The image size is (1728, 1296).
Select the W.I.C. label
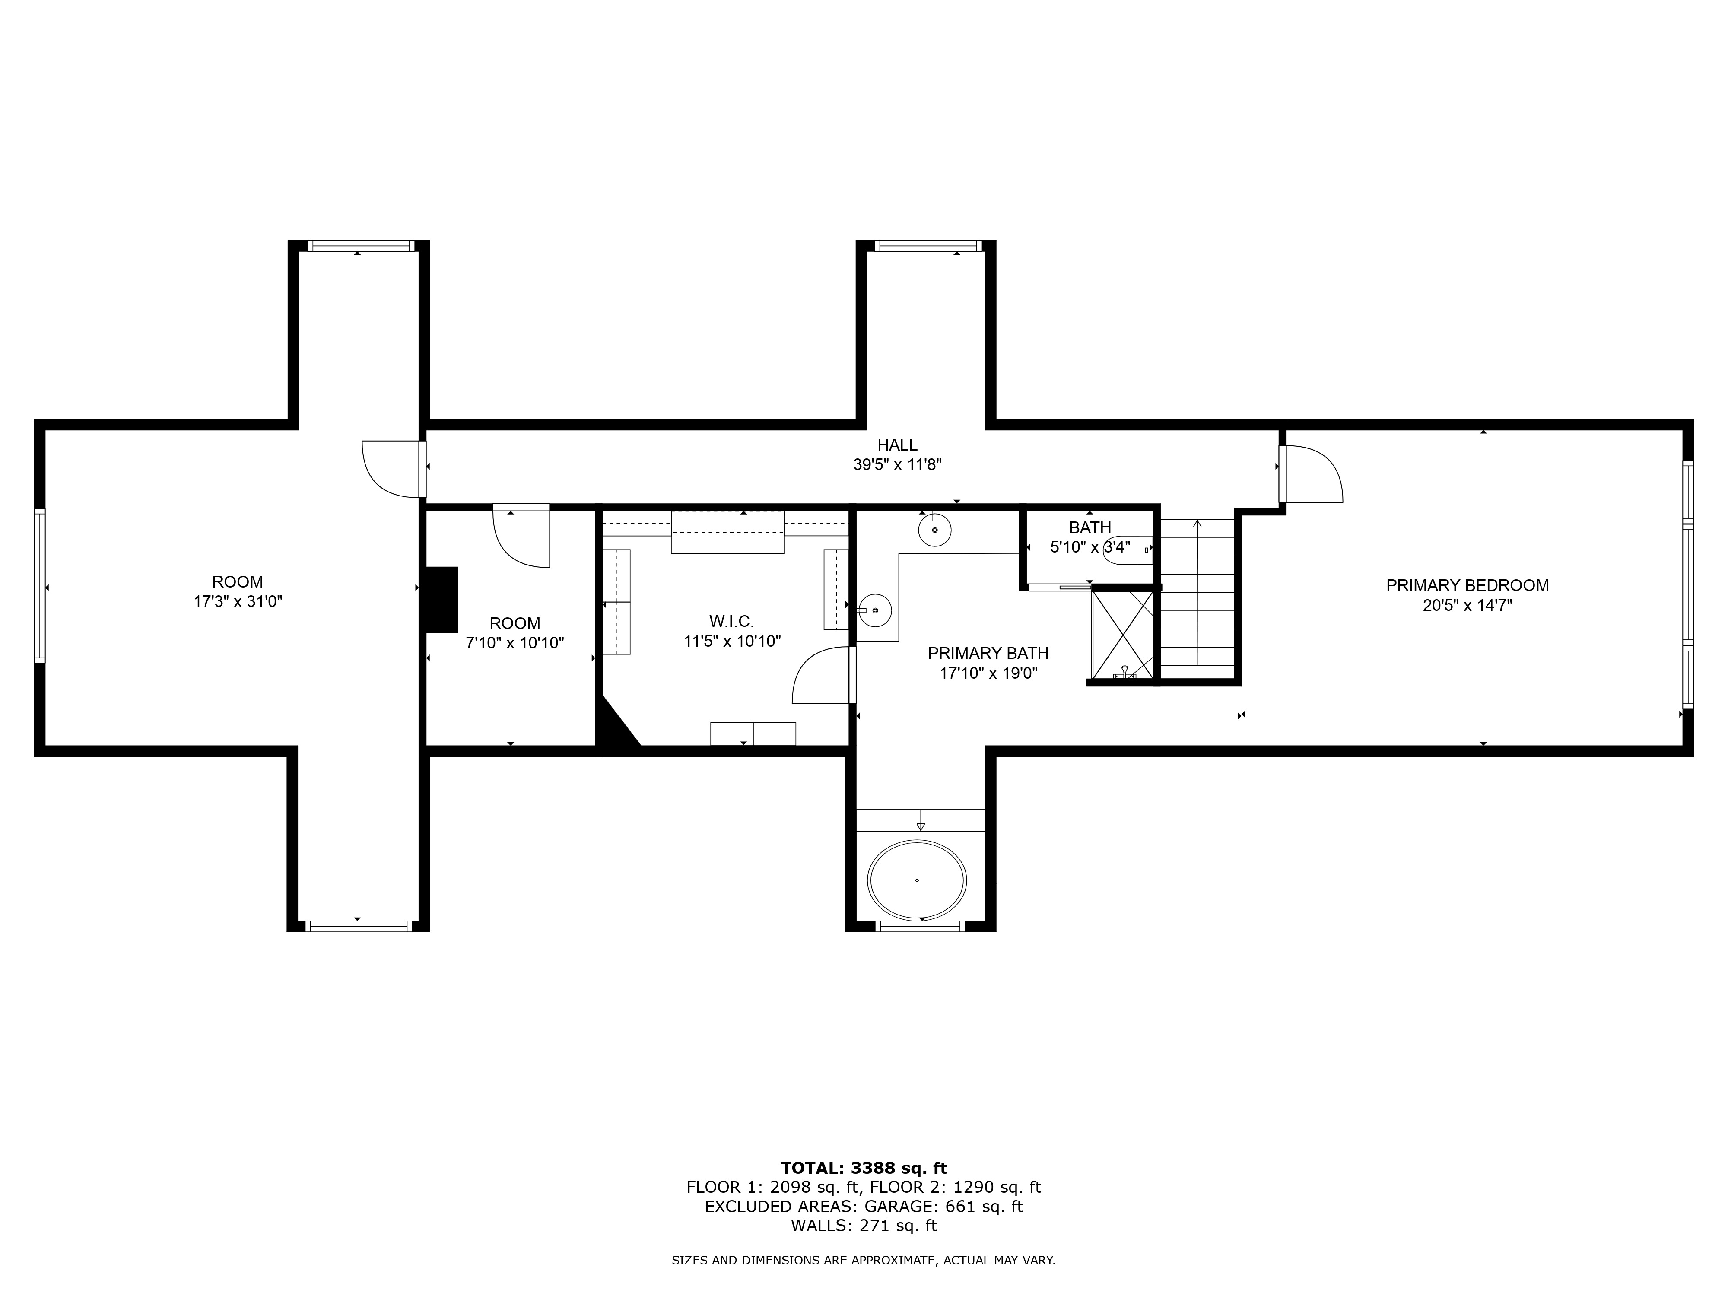tap(731, 622)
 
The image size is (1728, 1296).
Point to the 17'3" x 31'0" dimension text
tap(238, 601)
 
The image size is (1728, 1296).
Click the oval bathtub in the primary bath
tap(917, 880)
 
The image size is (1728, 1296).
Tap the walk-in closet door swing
tap(822, 676)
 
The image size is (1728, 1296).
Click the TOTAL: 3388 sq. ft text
tap(863, 1168)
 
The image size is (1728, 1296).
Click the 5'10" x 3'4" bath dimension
tap(1090, 547)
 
